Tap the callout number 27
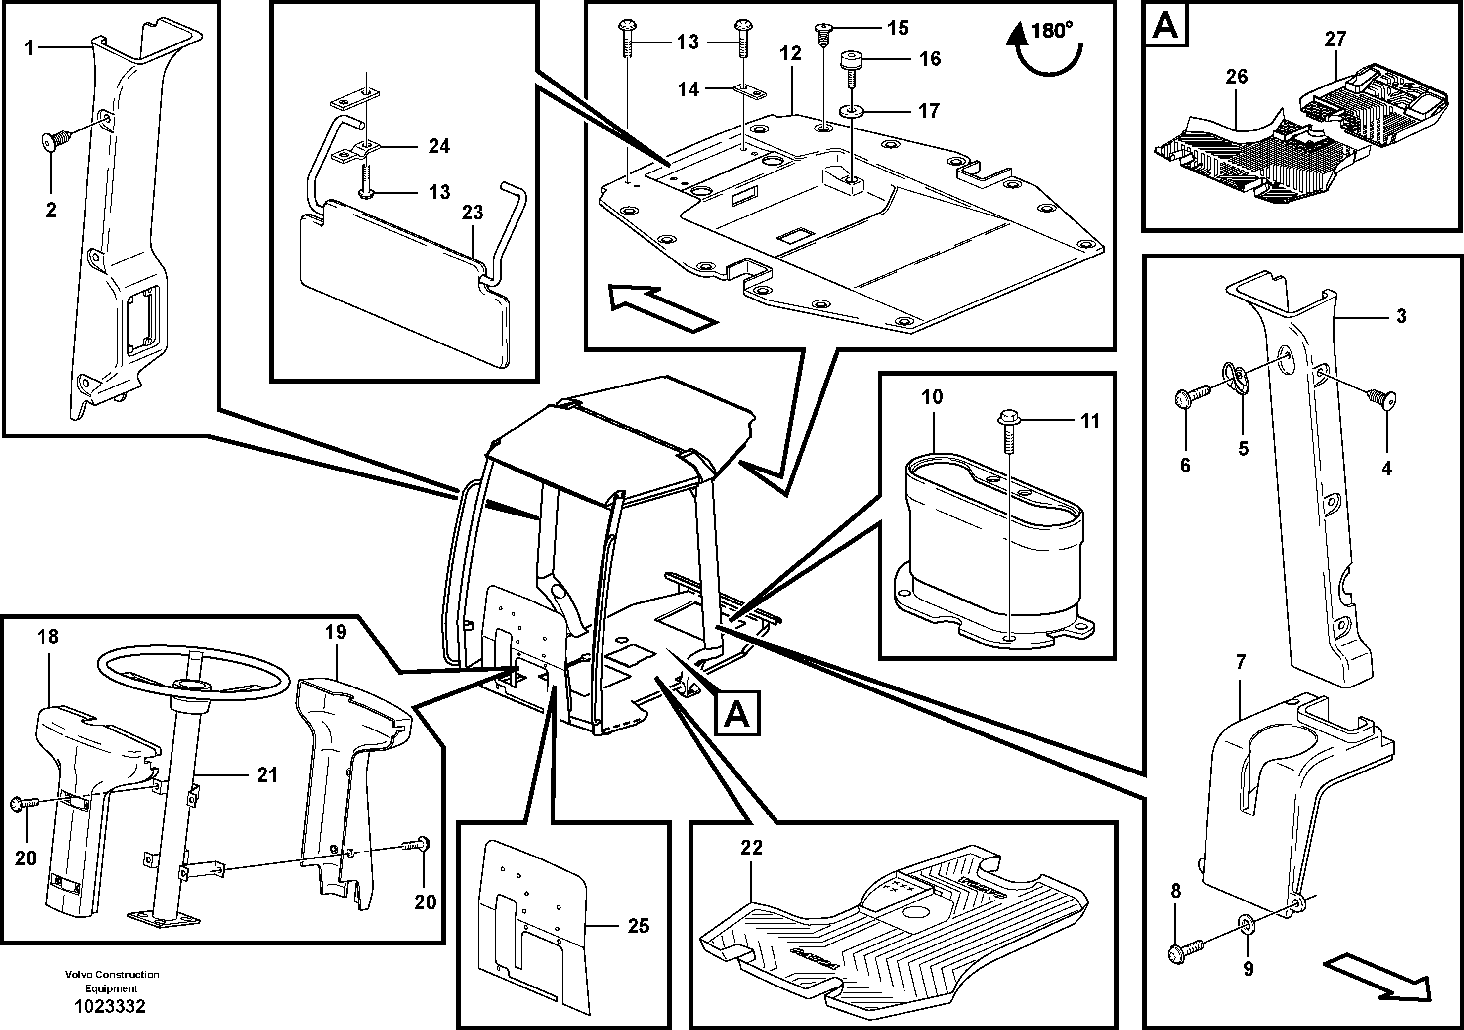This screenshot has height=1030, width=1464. pyautogui.click(x=1335, y=40)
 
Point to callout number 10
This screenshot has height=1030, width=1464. pyautogui.click(x=932, y=397)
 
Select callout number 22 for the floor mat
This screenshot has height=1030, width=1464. pyautogui.click(x=751, y=848)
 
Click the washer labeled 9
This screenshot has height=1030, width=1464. pyautogui.click(x=1240, y=940)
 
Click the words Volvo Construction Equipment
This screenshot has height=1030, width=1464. pyautogui.click(x=112, y=981)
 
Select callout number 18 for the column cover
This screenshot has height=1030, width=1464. pyautogui.click(x=48, y=637)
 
